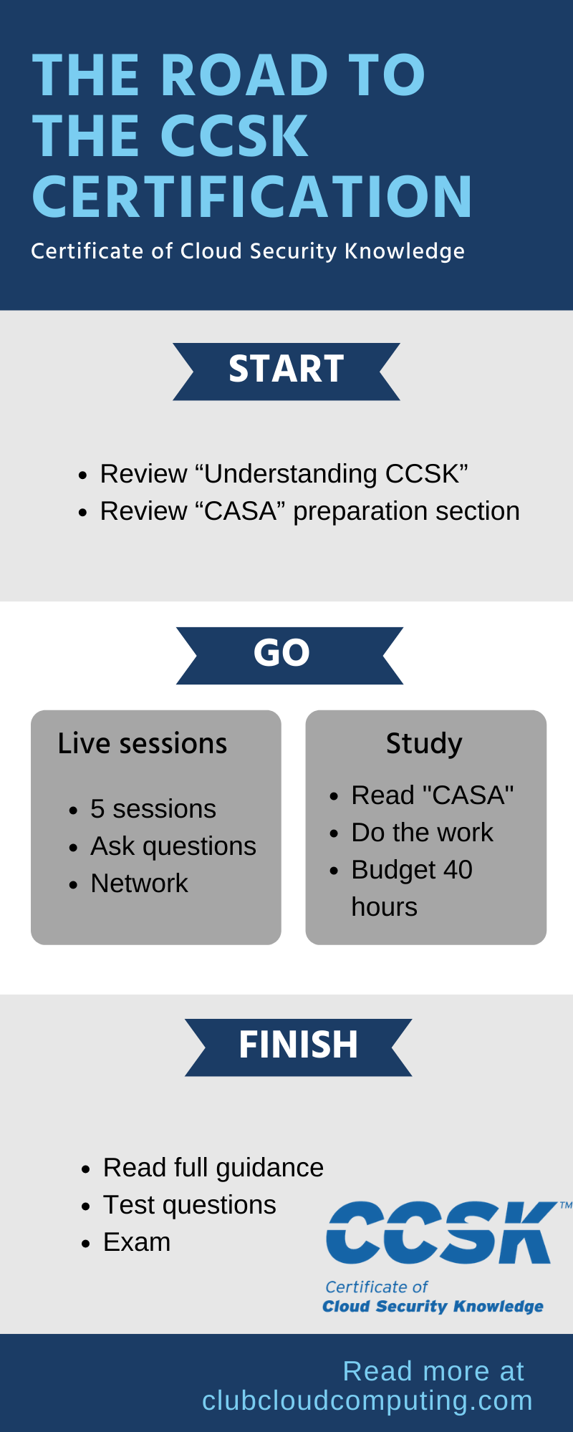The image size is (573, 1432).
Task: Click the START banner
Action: (x=286, y=371)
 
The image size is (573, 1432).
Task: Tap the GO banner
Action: (x=289, y=655)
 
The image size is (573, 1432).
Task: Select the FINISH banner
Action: (x=299, y=1047)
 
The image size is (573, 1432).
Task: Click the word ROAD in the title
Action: (x=244, y=75)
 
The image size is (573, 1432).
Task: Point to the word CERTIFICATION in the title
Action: (x=252, y=196)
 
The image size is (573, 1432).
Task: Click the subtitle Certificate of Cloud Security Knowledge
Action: (x=248, y=251)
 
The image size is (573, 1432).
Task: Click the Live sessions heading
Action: (x=143, y=743)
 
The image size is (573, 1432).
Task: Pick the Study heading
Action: (x=424, y=744)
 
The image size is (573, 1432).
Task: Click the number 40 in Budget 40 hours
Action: (x=458, y=870)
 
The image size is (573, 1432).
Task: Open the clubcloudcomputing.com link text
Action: (x=367, y=1400)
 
